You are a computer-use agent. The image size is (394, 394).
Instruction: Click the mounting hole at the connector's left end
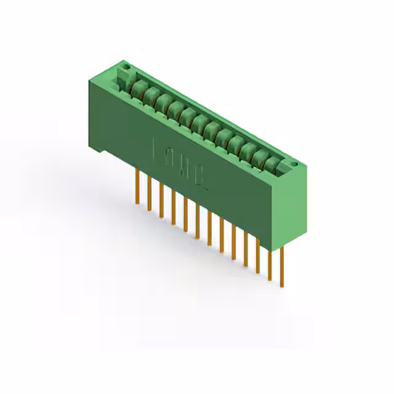(x=127, y=65)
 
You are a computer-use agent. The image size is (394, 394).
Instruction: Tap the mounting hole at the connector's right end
(x=294, y=164)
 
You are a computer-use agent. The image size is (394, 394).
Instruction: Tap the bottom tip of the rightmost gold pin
(x=282, y=286)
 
